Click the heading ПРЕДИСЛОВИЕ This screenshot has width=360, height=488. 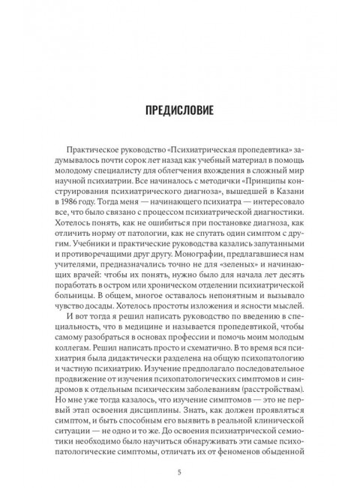[x=180, y=112]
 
